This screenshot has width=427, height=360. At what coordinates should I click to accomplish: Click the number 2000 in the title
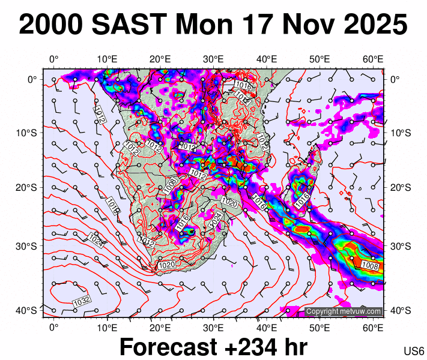point(50,25)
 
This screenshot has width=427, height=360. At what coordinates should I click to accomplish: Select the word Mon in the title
point(202,25)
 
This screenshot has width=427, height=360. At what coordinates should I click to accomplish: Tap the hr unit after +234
point(295,347)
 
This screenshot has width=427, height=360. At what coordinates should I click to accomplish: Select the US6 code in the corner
point(414,350)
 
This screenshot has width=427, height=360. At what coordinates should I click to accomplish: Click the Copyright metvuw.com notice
point(344,311)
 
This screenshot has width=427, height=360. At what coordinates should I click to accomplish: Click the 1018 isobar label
point(114,206)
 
